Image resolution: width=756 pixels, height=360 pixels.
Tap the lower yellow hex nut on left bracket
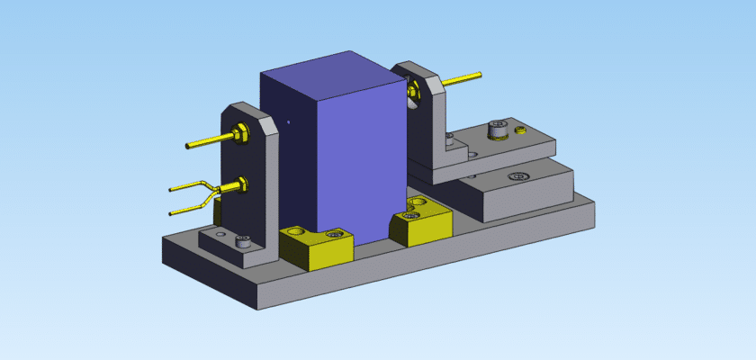[240, 186]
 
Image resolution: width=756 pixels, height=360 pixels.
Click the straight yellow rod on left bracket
[207, 141]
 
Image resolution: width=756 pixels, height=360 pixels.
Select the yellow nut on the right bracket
[413, 90]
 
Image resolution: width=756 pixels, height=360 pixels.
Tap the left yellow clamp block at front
[315, 247]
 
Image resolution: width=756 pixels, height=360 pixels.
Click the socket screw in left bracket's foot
[241, 240]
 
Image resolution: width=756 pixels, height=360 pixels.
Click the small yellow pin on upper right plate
[520, 131]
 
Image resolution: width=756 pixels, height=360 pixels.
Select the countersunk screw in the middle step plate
[517, 175]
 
